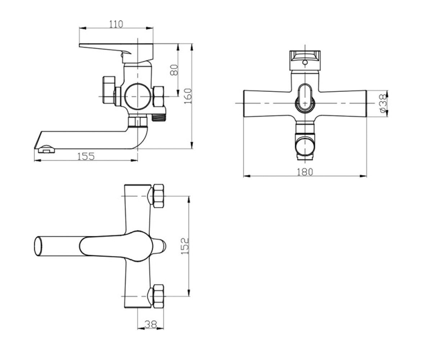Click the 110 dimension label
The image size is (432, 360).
[x=116, y=24]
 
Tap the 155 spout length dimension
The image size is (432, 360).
[x=86, y=156]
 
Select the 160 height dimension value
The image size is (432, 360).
[x=188, y=96]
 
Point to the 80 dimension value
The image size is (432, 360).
[x=174, y=70]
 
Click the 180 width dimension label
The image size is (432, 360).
[x=305, y=172]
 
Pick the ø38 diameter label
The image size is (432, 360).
[x=383, y=103]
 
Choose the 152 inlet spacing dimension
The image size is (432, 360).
[x=185, y=246]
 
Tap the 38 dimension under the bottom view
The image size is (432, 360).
[x=151, y=324]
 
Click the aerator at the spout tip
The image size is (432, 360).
[x=46, y=149]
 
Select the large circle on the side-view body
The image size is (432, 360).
[x=138, y=96]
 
